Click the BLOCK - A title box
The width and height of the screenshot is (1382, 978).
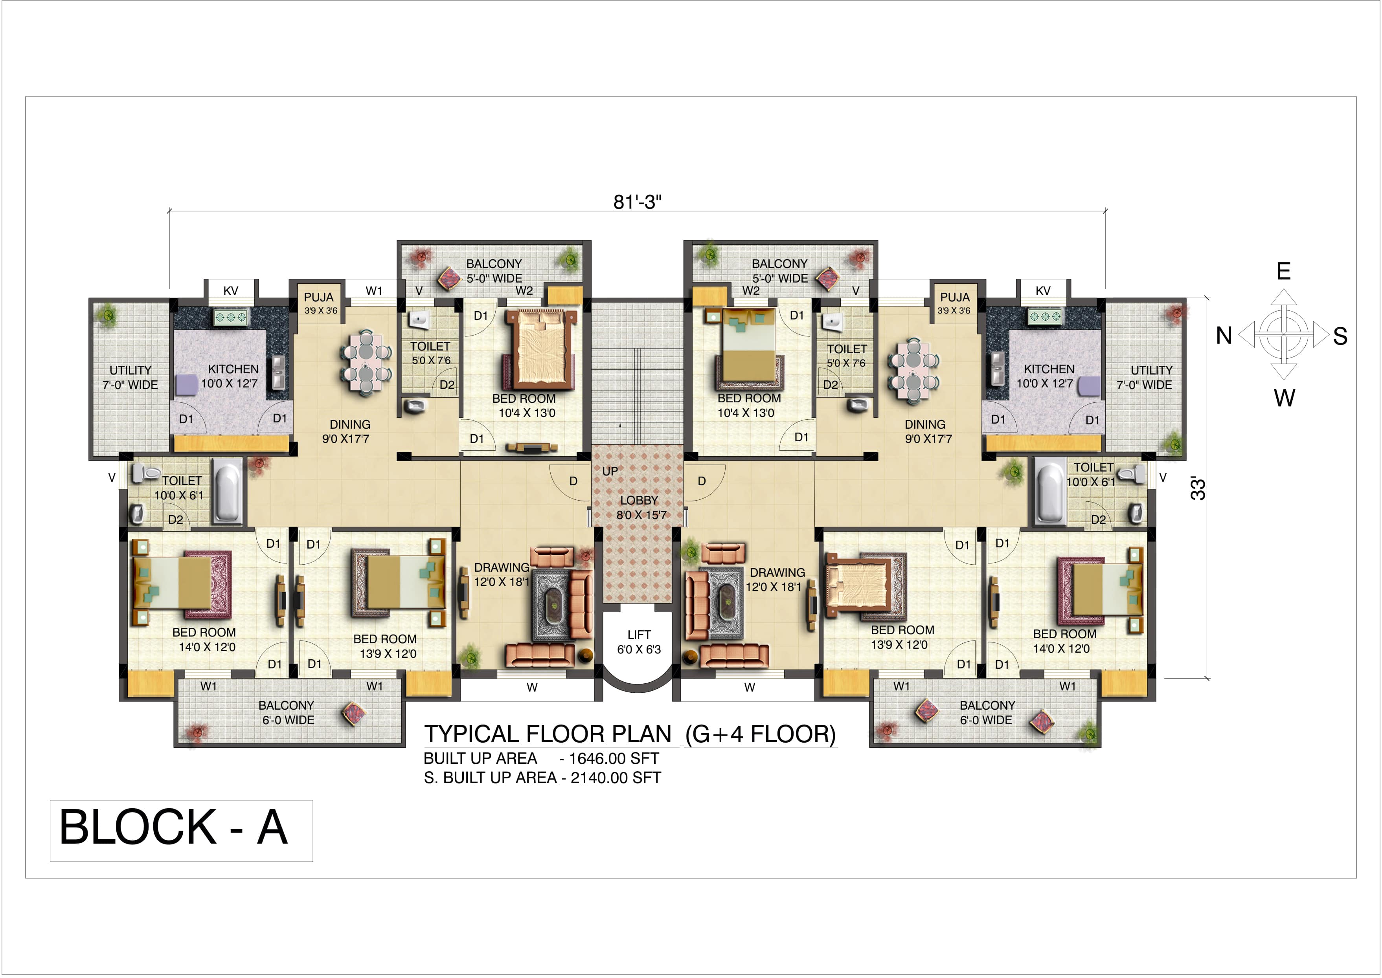tap(181, 831)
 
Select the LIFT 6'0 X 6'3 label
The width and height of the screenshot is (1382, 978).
tap(639, 642)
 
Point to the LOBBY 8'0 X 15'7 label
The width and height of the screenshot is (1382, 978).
tap(640, 508)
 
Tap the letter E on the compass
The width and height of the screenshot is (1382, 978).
tap(1283, 272)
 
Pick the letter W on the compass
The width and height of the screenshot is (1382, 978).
tap(1285, 398)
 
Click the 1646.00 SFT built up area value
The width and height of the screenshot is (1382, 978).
tap(614, 758)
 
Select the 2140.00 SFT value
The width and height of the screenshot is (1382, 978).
tap(616, 778)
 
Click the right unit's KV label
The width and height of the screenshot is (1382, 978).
tap(1043, 291)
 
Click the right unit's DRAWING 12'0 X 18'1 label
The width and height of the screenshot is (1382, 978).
tap(776, 579)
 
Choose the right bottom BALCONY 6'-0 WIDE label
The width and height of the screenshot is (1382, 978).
tap(987, 712)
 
